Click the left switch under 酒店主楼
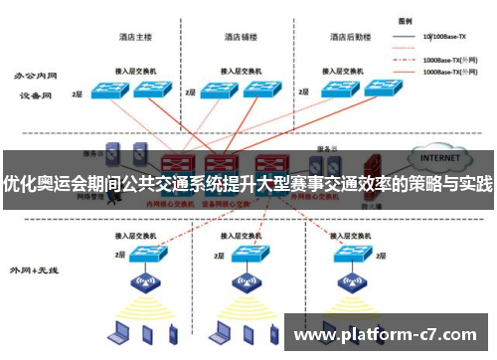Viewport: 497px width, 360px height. (106, 90)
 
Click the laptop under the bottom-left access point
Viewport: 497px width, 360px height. (121, 331)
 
